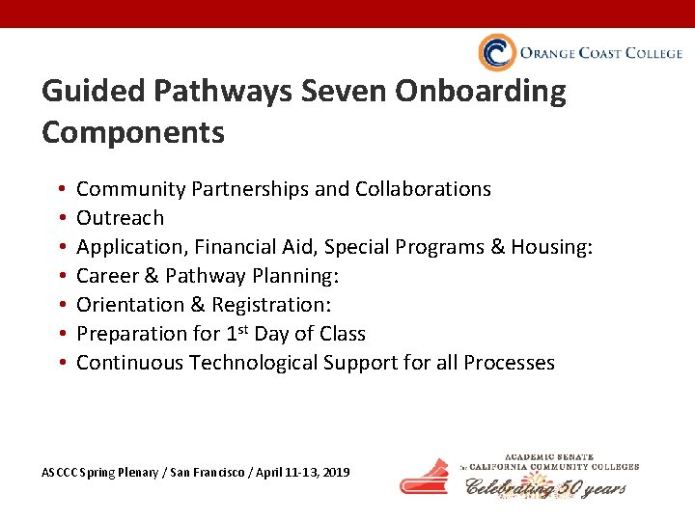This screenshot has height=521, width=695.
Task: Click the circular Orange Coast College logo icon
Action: pyautogui.click(x=497, y=53)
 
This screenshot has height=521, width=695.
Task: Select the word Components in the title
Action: pyautogui.click(x=133, y=132)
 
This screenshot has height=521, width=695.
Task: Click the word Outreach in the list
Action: pyautogui.click(x=120, y=218)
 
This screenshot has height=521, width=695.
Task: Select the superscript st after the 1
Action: pyautogui.click(x=241, y=329)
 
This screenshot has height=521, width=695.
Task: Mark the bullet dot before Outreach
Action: pyautogui.click(x=61, y=219)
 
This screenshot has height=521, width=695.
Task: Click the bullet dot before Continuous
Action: pyautogui.click(x=61, y=364)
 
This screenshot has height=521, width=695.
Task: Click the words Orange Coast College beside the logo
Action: pyautogui.click(x=600, y=53)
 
